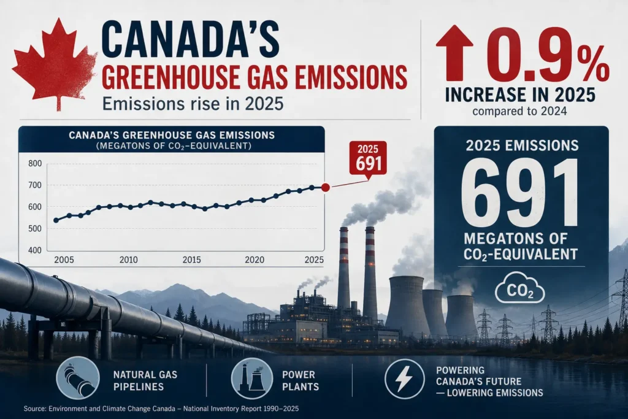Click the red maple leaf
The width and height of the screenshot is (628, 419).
point(56,64)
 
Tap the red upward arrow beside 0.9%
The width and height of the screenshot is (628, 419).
point(454,52)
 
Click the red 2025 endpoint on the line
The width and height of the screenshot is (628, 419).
point(326,187)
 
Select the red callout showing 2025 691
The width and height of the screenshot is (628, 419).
point(368,159)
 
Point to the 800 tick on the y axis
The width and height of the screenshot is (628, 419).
point(35,163)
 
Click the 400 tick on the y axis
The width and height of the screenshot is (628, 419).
point(35,250)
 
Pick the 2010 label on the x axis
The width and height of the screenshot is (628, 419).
point(129,260)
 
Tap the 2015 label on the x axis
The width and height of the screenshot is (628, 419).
point(192,260)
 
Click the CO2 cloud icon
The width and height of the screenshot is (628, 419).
point(520,288)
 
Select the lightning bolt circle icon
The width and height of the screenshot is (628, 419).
point(404,379)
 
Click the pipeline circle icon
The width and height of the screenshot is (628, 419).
point(78,378)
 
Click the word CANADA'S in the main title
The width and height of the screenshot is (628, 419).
point(191,41)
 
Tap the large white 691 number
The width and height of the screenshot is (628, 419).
point(520,193)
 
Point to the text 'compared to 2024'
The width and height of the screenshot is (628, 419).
point(520,111)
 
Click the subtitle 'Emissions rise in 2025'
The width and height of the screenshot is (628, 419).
point(193,104)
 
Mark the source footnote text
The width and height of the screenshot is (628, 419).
point(161,409)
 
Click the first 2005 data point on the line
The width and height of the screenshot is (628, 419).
point(56,220)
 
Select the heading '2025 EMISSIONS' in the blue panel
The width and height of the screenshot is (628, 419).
point(522,145)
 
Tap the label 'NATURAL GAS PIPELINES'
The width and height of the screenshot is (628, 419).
point(145,380)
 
